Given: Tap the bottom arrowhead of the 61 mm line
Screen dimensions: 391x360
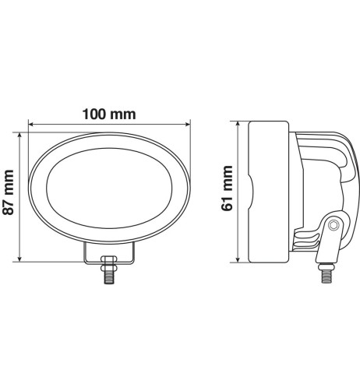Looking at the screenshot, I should pyautogui.click(x=238, y=261).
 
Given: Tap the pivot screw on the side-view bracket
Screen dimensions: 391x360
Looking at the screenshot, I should pyautogui.click(x=334, y=225).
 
